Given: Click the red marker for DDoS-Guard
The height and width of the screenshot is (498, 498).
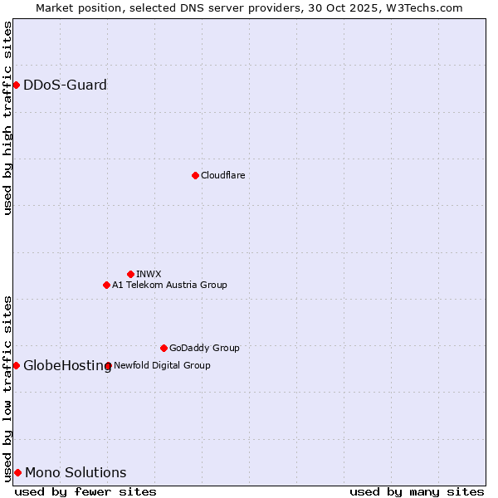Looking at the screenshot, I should [x=16, y=85].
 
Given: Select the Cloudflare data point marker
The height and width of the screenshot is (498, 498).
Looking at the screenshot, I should [x=195, y=175].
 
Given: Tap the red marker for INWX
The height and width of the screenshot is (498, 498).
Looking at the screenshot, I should [x=130, y=274].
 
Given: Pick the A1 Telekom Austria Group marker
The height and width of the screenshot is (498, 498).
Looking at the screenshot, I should [x=106, y=285].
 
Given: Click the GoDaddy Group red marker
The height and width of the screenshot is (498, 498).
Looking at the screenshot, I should [x=164, y=348].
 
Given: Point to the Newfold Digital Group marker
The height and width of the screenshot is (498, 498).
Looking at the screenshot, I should [x=108, y=365].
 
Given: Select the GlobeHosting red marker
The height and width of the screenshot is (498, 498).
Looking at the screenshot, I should [x=16, y=365].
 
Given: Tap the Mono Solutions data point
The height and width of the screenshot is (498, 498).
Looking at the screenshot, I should [x=17, y=472].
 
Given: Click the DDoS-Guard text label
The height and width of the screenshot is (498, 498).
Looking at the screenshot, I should [x=65, y=85].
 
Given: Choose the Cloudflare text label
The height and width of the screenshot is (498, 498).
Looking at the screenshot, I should [x=222, y=175].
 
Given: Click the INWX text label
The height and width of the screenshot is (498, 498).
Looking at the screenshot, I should [x=149, y=274].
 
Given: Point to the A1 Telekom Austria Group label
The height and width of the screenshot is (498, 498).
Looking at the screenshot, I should [x=169, y=285].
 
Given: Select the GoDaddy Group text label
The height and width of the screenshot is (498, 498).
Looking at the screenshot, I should [x=204, y=348].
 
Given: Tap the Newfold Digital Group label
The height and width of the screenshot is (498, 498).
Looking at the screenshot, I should [x=162, y=365].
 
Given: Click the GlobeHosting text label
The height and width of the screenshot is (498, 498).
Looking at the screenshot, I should [x=66, y=365].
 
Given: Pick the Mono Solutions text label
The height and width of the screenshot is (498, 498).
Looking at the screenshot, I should [x=76, y=472].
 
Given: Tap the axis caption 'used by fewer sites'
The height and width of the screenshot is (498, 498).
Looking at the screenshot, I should [x=85, y=491].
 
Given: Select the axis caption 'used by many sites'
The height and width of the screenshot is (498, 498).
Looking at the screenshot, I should [x=417, y=491].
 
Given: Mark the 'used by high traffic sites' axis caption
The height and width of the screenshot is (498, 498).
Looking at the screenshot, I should [x=7, y=118].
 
